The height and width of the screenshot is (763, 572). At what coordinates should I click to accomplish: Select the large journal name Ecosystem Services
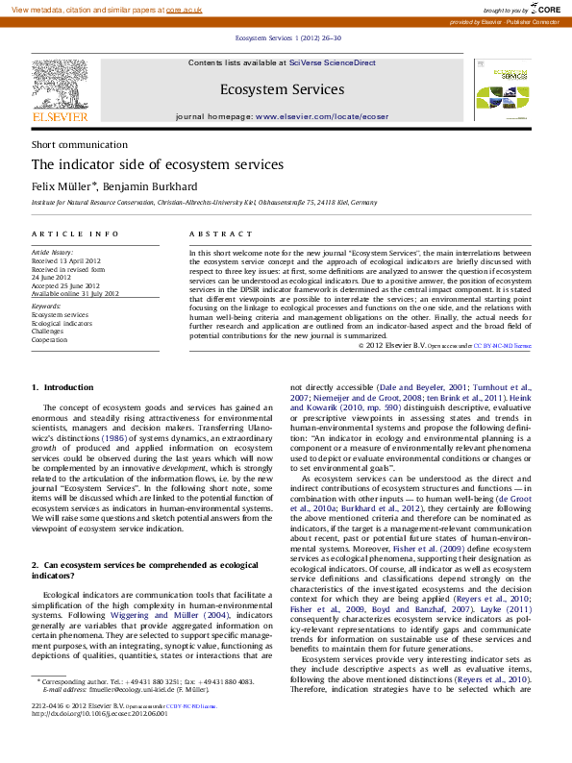[x=282, y=90]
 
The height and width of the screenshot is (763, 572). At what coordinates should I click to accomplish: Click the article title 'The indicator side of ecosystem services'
[x=158, y=164]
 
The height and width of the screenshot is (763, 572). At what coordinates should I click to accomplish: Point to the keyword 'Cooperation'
[x=50, y=340]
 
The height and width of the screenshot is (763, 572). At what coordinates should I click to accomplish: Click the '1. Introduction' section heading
[x=62, y=387]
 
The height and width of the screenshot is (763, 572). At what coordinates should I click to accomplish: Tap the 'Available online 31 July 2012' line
[x=75, y=293]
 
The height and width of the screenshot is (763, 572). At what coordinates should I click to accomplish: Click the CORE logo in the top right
[x=543, y=9]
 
